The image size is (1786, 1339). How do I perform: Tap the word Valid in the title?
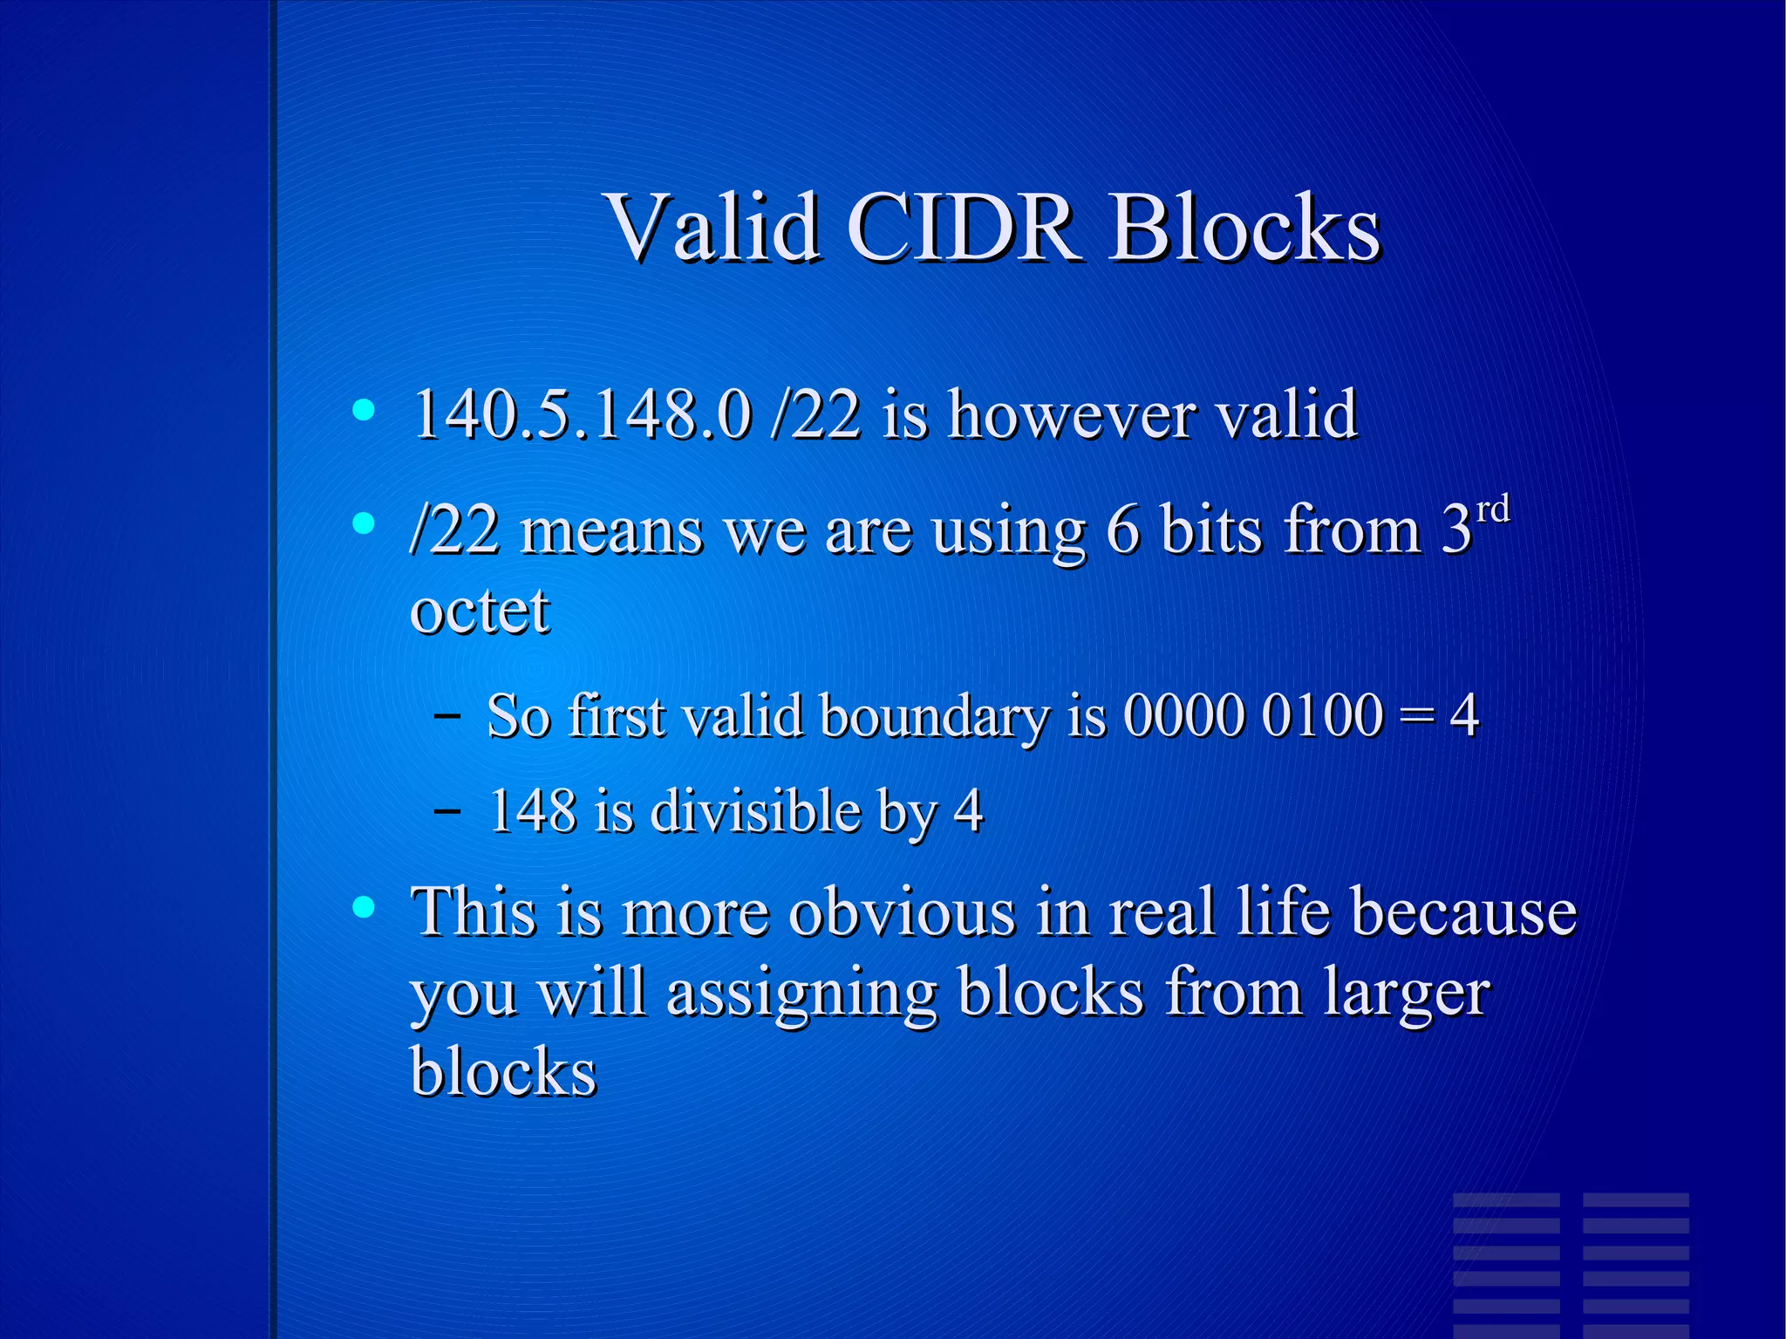(712, 228)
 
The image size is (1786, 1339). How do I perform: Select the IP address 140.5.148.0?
(581, 414)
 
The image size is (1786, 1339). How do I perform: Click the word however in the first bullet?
(1072, 414)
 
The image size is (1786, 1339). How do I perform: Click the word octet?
(480, 610)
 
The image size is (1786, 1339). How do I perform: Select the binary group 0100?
(1322, 715)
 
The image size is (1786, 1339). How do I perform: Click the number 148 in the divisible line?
(532, 810)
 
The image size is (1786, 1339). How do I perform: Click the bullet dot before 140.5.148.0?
(364, 410)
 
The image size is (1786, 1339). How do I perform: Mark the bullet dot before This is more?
(364, 908)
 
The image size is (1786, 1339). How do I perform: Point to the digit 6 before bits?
(1122, 529)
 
